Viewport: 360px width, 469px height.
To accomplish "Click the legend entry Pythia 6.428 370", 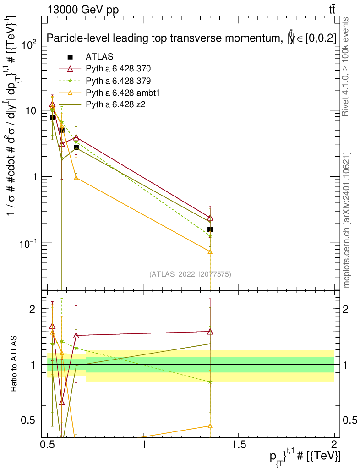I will point(118,69).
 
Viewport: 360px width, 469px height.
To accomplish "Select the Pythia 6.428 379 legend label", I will point(118,81).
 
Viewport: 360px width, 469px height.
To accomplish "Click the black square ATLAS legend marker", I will point(70,57).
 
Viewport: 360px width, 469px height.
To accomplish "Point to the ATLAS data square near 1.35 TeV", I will point(210,229).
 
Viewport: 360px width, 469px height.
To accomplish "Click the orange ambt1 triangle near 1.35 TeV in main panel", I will point(210,251).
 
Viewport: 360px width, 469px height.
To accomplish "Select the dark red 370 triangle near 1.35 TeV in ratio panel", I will point(210,332).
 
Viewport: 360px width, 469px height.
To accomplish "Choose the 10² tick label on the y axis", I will point(28,44).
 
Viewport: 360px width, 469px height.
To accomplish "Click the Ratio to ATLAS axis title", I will point(15,364).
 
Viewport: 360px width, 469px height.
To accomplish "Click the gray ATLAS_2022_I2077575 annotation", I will point(190,274).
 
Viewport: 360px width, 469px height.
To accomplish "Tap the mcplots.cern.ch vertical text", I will point(347,220).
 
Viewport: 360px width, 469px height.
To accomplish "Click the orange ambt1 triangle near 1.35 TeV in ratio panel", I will point(210,426).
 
